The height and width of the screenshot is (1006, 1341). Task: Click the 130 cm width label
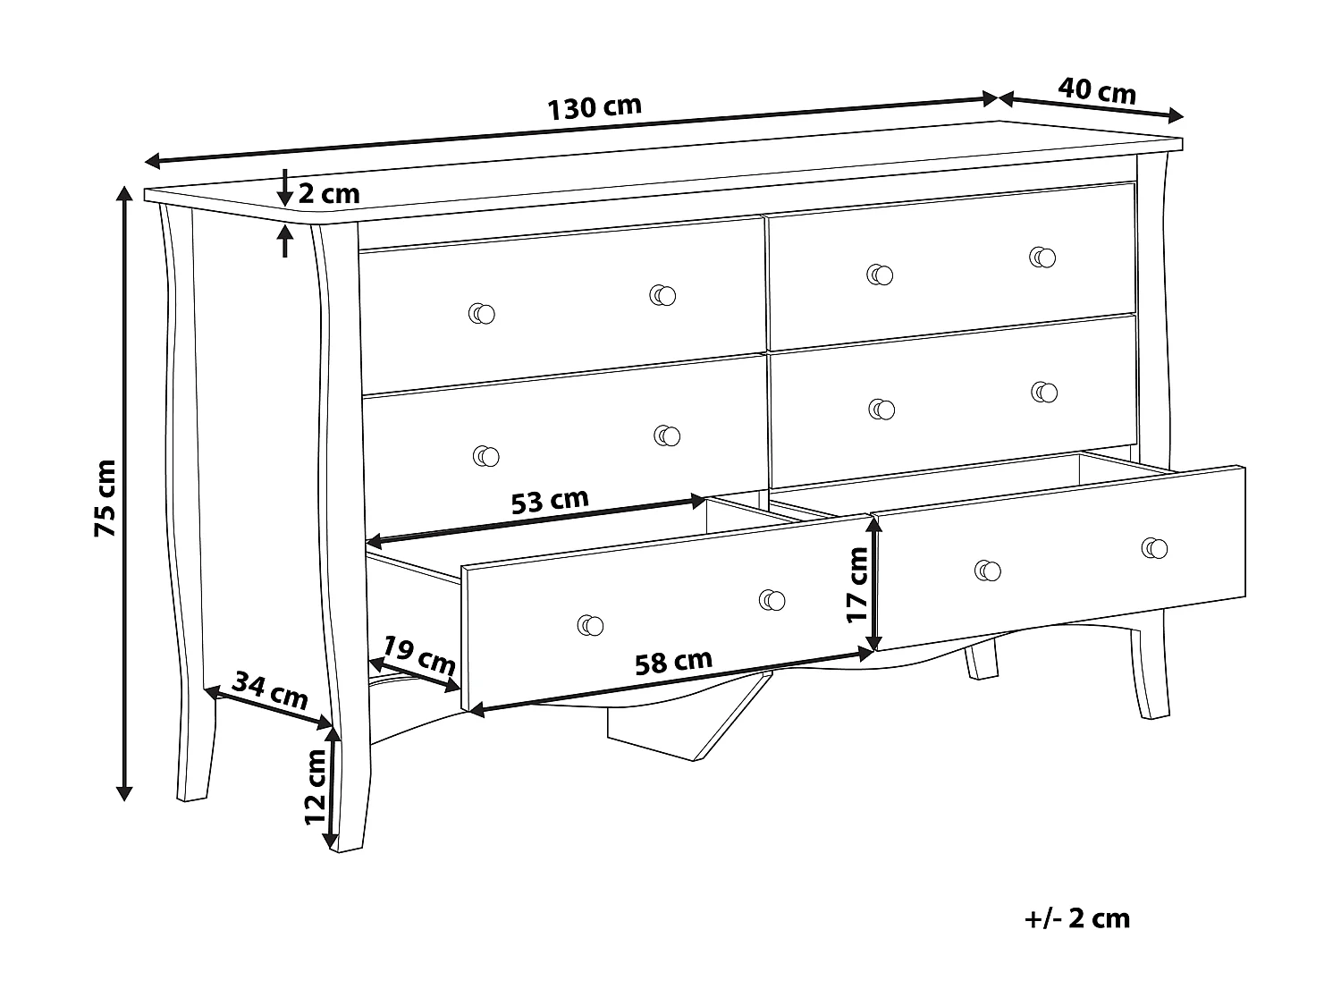(x=595, y=107)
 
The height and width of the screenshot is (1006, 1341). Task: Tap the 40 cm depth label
(x=1097, y=91)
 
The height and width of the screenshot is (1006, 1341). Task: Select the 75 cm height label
(x=105, y=498)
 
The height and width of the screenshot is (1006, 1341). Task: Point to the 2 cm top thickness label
(x=328, y=193)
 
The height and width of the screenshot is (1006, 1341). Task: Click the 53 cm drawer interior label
(x=550, y=501)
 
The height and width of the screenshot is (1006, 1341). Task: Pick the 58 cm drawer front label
(x=673, y=663)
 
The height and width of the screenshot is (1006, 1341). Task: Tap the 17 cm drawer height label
(x=857, y=585)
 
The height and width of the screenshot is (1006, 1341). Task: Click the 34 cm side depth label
(x=270, y=690)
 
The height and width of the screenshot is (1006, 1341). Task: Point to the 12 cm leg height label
(x=315, y=787)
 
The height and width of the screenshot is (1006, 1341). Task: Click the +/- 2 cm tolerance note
(x=1077, y=918)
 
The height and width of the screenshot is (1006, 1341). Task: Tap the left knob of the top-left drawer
(x=482, y=313)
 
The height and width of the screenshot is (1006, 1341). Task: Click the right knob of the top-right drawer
(x=1042, y=257)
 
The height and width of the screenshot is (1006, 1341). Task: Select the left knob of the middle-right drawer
(x=881, y=409)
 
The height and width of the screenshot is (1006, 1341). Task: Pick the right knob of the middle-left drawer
(x=666, y=435)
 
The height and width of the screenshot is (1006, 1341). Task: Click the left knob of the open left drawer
(x=590, y=626)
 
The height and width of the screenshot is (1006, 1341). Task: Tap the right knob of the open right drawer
(x=1154, y=548)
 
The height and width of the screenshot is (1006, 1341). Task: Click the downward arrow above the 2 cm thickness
(x=284, y=188)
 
